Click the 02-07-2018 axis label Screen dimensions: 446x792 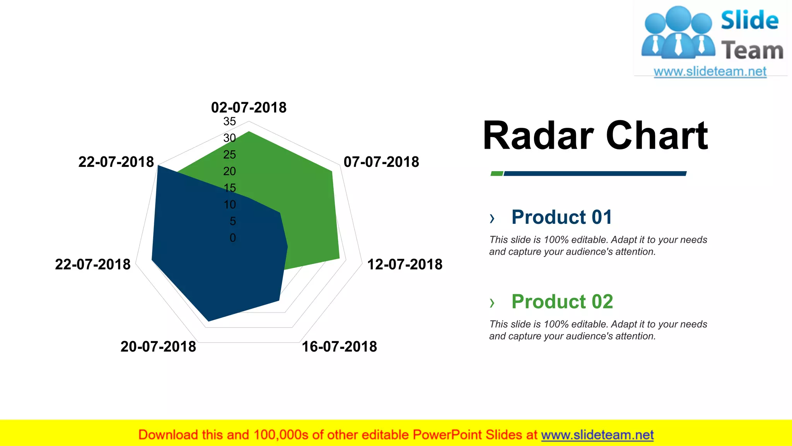click(249, 108)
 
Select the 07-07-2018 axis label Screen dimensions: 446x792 click(381, 162)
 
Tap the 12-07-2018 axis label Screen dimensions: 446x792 click(405, 264)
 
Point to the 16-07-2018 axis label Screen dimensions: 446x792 click(339, 347)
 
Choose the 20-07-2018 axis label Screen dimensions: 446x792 click(158, 347)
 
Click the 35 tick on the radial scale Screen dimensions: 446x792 click(229, 122)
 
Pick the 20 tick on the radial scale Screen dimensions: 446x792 click(229, 171)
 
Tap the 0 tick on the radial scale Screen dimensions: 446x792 click(232, 238)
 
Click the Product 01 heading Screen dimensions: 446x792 click(562, 217)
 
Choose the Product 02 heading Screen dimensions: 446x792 click(562, 301)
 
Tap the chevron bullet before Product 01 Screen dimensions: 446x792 click(492, 218)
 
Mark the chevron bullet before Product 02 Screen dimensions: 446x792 click(492, 302)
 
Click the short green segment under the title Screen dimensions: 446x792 click(497, 173)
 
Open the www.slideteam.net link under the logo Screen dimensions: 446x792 click(710, 72)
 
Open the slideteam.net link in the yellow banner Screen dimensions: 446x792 click(597, 435)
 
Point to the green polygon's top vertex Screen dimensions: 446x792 click(249, 132)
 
